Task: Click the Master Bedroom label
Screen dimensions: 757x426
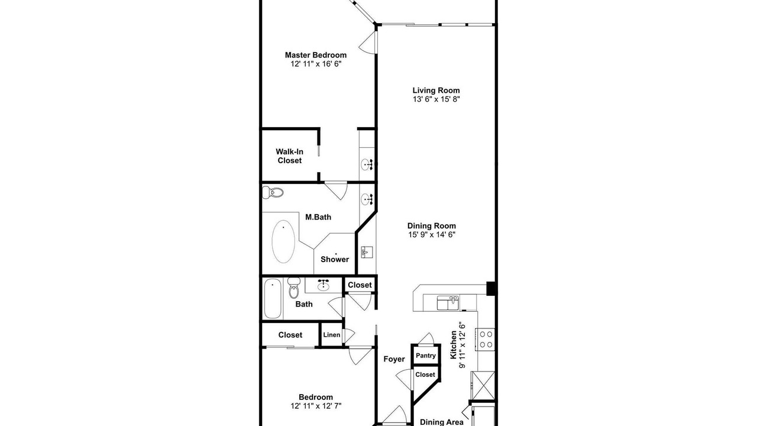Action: [x=316, y=55]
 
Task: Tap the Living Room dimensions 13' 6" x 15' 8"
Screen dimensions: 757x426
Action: [x=436, y=99]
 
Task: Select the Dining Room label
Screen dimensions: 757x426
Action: [x=432, y=226]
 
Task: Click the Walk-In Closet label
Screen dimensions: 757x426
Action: [x=290, y=156]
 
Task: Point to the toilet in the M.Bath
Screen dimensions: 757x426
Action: [x=273, y=193]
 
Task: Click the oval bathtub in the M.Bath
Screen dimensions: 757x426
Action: [x=283, y=241]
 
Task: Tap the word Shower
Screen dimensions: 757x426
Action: [x=335, y=259]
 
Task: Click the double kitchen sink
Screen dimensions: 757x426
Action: [x=448, y=303]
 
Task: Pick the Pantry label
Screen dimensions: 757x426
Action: [x=425, y=356]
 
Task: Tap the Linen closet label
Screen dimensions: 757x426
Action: [x=332, y=335]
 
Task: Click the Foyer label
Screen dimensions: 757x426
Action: [x=394, y=359]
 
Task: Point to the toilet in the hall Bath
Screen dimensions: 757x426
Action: [x=294, y=288]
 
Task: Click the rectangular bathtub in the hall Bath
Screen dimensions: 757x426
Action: [x=273, y=299]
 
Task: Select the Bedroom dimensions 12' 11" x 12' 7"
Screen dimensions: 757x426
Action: [x=316, y=406]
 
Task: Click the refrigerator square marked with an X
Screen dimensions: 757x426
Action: [x=484, y=385]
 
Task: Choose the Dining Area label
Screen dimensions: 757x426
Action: [x=442, y=422]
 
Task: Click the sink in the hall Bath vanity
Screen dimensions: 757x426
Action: [x=323, y=286]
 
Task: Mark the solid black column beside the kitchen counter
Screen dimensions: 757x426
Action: [x=491, y=288]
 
